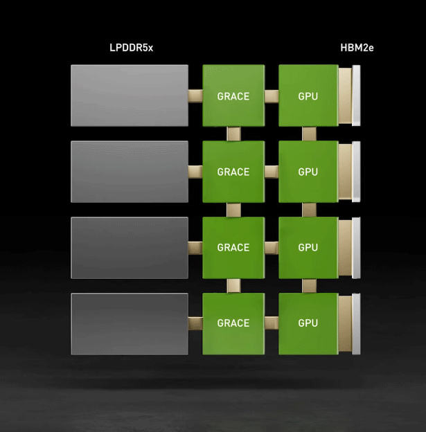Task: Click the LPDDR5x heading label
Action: [131, 48]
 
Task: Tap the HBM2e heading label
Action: [357, 48]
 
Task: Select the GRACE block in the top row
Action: [233, 96]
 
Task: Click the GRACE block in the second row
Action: [233, 172]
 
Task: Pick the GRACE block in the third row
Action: [233, 247]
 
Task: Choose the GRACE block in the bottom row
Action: [233, 323]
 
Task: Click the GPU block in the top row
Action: [308, 96]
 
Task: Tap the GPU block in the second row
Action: [308, 172]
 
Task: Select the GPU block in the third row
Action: [308, 247]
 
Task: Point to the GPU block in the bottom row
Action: [308, 323]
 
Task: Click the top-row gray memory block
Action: [130, 96]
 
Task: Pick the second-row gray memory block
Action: [130, 172]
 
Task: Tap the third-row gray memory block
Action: [130, 247]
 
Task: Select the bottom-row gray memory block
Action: [130, 323]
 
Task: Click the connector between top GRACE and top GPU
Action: [271, 96]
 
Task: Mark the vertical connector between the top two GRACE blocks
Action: [233, 134]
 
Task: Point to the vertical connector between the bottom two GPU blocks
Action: [309, 285]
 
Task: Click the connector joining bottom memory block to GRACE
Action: [195, 323]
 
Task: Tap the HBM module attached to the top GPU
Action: [348, 96]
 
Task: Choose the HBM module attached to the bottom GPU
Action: [348, 323]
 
